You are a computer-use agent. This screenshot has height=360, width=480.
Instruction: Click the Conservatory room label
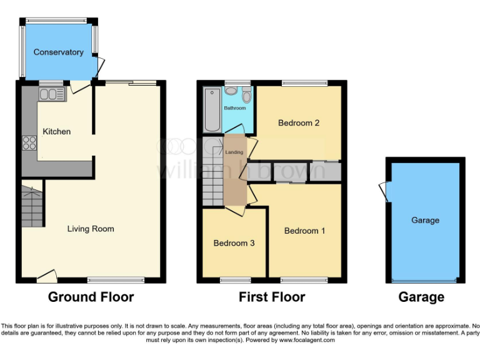pyautogui.click(x=58, y=52)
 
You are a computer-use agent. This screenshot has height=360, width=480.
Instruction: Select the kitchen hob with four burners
pyautogui.click(x=29, y=142)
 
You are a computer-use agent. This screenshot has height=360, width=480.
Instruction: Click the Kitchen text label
pyautogui.click(x=56, y=132)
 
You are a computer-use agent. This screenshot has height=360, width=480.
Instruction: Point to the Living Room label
pyautogui.click(x=91, y=229)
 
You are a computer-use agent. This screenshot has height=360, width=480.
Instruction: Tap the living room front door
pyautogui.click(x=46, y=275)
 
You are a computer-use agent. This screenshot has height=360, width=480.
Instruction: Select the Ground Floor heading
pyautogui.click(x=91, y=297)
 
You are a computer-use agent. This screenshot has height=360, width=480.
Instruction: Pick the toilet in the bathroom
pyautogui.click(x=246, y=96)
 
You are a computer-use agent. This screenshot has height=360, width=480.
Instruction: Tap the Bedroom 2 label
pyautogui.click(x=299, y=123)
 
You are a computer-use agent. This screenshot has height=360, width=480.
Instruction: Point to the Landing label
pyautogui.click(x=234, y=152)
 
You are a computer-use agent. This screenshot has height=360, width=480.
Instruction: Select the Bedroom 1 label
pyautogui.click(x=304, y=231)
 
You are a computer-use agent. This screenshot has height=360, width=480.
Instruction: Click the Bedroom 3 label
pyautogui.click(x=234, y=243)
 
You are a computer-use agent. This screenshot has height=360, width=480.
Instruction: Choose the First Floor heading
pyautogui.click(x=272, y=297)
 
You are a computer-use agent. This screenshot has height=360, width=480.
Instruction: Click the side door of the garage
pyautogui.click(x=383, y=191)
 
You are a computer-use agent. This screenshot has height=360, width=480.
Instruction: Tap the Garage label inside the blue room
pyautogui.click(x=425, y=220)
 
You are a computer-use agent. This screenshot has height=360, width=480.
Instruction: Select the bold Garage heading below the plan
pyautogui.click(x=421, y=297)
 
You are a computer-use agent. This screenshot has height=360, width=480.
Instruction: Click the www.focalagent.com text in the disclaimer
pyautogui.click(x=306, y=341)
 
